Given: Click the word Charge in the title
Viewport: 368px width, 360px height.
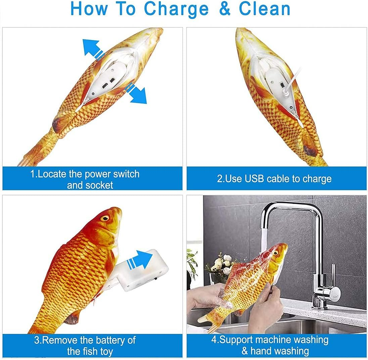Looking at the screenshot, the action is coord(176,9).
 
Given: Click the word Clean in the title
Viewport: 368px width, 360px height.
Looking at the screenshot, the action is coord(265,9).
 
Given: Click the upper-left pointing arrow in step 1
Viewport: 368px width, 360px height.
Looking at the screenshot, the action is coord(93,50).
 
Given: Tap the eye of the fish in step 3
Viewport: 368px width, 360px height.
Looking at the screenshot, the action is coord(105,218).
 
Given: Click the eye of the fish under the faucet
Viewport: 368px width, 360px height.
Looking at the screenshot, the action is coord(276,253).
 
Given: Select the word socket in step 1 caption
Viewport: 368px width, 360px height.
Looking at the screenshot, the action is coord(99,186).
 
